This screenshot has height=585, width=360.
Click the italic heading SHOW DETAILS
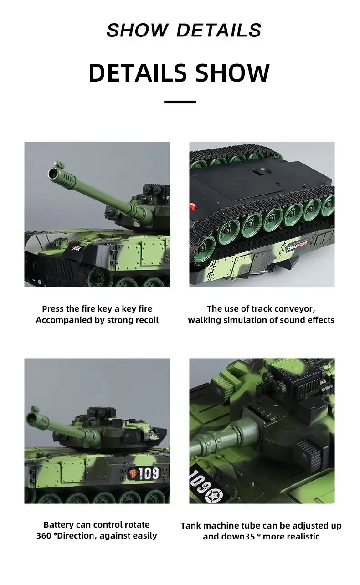[184, 30]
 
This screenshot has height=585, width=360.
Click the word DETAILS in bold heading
[138, 73]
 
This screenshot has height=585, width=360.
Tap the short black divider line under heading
[180, 102]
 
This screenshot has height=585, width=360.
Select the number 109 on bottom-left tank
[149, 474]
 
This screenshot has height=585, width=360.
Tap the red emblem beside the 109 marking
[132, 474]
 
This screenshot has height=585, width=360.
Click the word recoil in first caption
[147, 320]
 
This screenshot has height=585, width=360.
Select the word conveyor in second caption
[299, 309]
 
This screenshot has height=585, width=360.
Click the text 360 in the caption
[44, 536]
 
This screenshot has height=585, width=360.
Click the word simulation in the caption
[241, 320]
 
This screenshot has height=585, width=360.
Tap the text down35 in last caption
[238, 536]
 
